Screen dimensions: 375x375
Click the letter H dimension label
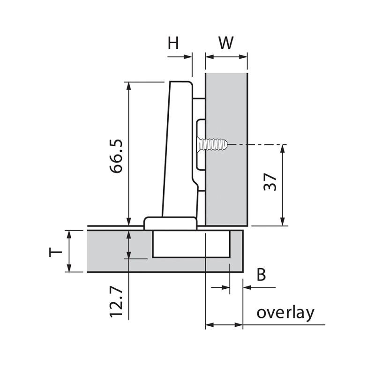[173, 43]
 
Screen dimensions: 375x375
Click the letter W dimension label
[226, 43]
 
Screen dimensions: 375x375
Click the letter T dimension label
[55, 252]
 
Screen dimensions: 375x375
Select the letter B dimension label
[261, 275]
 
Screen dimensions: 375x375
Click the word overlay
[285, 313]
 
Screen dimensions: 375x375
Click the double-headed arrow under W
[226, 57]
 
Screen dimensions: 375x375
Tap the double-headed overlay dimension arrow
[224, 324]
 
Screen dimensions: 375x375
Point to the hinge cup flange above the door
[170, 223]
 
